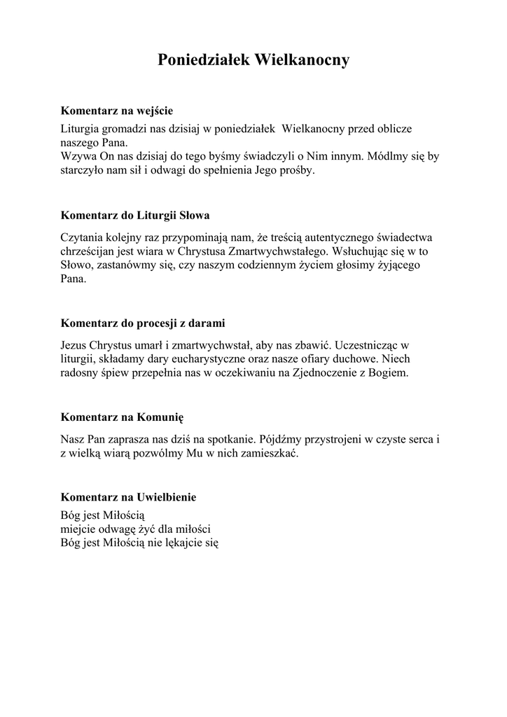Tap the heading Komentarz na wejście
coord(116,111)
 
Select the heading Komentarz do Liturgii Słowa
coord(135,215)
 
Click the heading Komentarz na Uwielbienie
coord(128,497)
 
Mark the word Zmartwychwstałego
coord(270,251)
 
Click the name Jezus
coord(74,345)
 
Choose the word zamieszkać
coord(269,453)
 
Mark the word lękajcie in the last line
coord(181,543)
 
